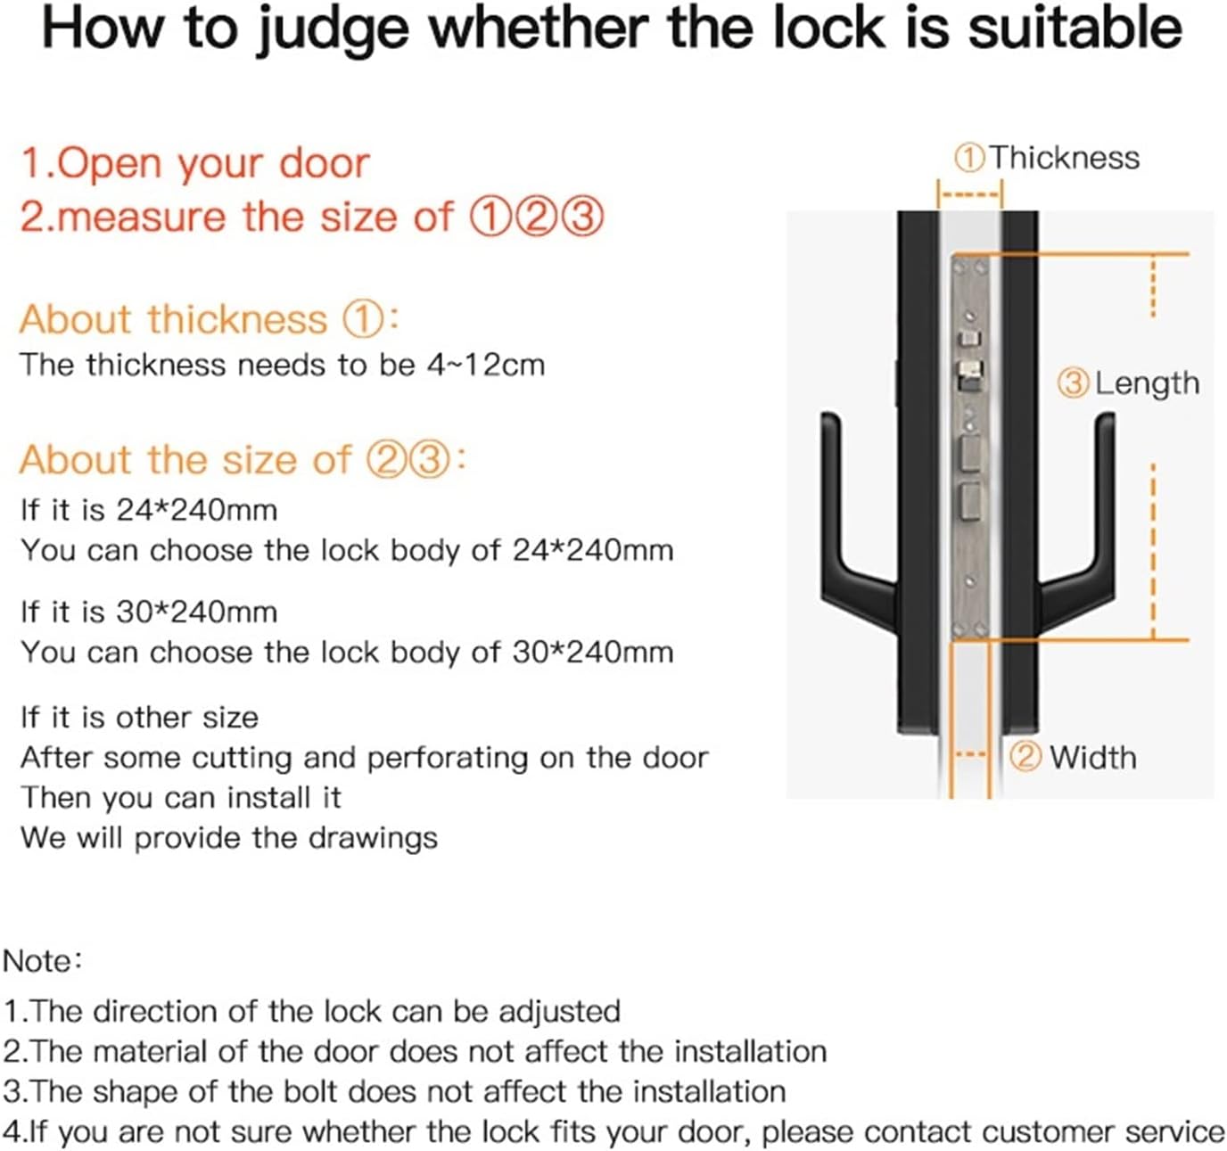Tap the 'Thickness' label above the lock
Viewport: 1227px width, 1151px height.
point(1064,158)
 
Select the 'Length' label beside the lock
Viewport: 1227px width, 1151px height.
point(1147,383)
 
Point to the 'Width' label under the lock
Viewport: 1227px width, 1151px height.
point(1092,758)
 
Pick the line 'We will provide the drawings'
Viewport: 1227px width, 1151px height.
point(229,838)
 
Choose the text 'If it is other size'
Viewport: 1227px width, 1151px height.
point(139,718)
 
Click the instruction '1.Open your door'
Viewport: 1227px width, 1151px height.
point(194,164)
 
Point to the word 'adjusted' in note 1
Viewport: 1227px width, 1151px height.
point(559,1012)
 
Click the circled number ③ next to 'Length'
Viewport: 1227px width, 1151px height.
point(1073,383)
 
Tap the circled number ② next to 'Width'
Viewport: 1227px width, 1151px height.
point(1025,757)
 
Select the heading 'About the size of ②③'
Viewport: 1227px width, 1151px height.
point(241,460)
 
